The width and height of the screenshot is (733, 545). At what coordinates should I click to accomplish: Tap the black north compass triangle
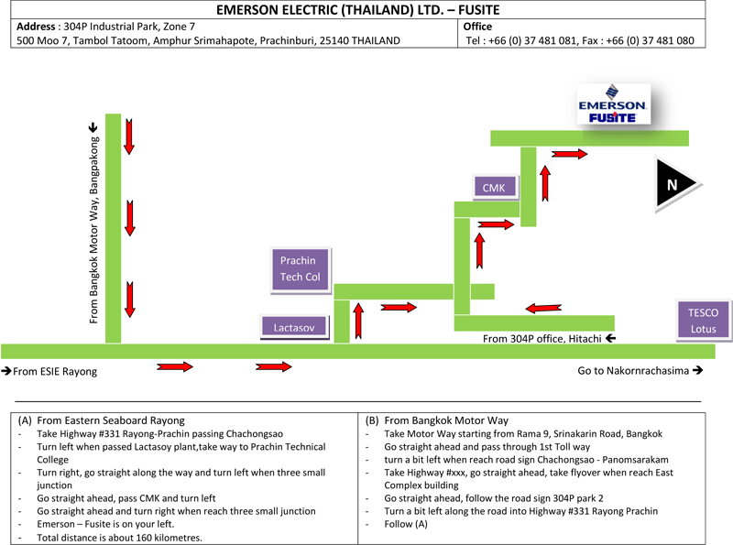675,184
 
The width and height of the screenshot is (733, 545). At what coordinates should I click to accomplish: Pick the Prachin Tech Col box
299,269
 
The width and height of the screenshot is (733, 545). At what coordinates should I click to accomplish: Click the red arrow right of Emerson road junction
570,153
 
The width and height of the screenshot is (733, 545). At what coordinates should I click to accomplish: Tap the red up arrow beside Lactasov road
358,321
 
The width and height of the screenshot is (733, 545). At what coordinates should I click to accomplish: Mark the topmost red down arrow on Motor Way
130,136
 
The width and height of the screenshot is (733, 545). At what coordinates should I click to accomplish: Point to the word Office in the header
479,27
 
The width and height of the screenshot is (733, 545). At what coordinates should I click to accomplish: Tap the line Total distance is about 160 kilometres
119,538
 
